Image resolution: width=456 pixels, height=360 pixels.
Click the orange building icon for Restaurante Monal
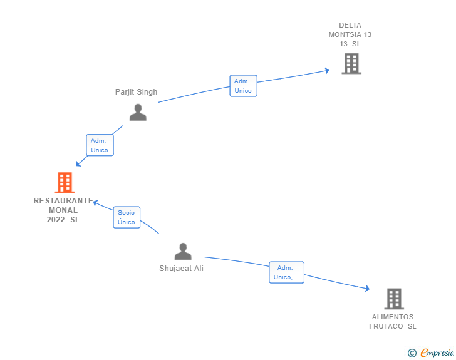tap(65, 183)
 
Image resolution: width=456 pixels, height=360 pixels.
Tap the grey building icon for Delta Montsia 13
tap(351, 63)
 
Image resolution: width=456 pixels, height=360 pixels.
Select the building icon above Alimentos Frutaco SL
tap(394, 299)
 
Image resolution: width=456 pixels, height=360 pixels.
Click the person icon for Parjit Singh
tap(138, 112)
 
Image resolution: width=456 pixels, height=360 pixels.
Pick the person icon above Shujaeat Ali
tap(183, 251)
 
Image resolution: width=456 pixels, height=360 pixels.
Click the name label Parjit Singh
tap(136, 92)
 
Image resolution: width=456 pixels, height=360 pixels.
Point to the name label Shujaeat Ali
tap(181, 269)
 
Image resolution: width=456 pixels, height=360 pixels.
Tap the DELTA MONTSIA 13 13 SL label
tap(350, 34)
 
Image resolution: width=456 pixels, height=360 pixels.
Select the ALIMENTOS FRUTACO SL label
tap(393, 322)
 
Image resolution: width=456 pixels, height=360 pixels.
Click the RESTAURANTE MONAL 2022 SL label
tap(63, 210)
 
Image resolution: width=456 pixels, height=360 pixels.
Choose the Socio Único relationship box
tap(127, 217)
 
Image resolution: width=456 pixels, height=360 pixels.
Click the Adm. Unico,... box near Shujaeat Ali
tap(286, 272)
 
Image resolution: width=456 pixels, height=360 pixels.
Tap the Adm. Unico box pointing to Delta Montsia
tap(244, 86)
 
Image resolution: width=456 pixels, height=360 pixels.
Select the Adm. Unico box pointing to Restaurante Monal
tap(100, 145)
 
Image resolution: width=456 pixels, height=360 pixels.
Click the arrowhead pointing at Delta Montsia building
tap(327, 71)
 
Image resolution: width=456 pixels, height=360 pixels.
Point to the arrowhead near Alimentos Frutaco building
tap(368, 288)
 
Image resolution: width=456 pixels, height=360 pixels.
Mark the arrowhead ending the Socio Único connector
tap(95, 202)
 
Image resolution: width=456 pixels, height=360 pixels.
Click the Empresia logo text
tap(437, 352)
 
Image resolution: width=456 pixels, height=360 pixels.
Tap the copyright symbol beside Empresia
tap(412, 353)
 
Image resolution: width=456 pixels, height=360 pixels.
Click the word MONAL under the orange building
tap(63, 210)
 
